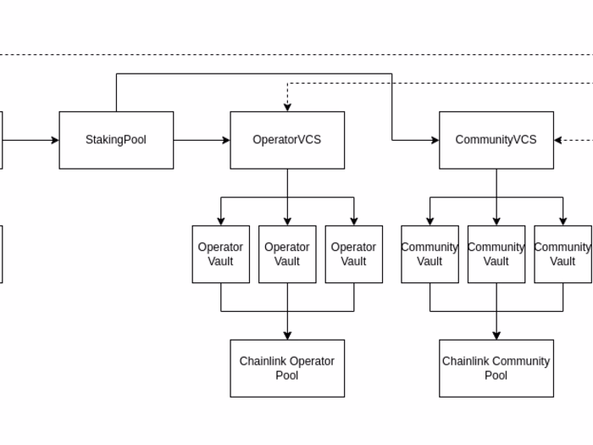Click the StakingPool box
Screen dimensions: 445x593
click(x=116, y=140)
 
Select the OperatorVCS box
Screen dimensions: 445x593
click(x=287, y=140)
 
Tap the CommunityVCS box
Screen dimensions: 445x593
click(x=496, y=140)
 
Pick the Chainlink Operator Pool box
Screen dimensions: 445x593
click(x=287, y=368)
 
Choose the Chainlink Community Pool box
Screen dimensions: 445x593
click(x=496, y=368)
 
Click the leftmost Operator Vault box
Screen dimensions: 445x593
click(x=221, y=254)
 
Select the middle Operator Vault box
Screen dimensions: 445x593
click(x=287, y=254)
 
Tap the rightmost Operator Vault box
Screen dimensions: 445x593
click(x=354, y=254)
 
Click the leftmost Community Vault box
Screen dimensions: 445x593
click(x=430, y=254)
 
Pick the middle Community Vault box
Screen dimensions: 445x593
click(x=496, y=254)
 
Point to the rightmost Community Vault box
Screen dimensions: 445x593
click(x=563, y=254)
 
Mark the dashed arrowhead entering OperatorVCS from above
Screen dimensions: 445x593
click(x=287, y=107)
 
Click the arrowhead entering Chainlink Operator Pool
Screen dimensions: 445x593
click(x=287, y=336)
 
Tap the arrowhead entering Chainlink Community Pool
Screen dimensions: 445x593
click(x=496, y=336)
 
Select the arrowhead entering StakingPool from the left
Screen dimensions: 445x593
click(x=54, y=140)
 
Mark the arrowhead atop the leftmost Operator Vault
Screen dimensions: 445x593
click(x=221, y=221)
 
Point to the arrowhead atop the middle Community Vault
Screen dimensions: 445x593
click(x=496, y=221)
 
